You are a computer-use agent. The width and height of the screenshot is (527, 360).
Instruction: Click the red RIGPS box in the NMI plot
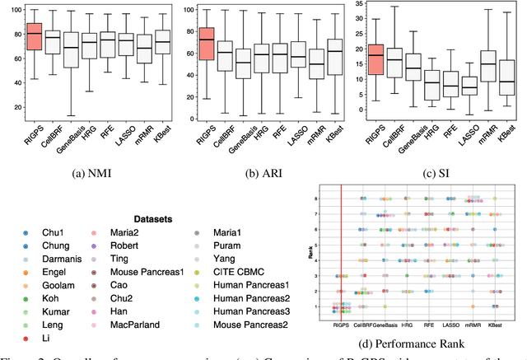point(34,36)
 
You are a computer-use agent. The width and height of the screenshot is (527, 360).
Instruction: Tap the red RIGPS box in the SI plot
point(375,59)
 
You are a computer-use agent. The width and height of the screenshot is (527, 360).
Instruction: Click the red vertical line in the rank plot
point(340,247)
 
